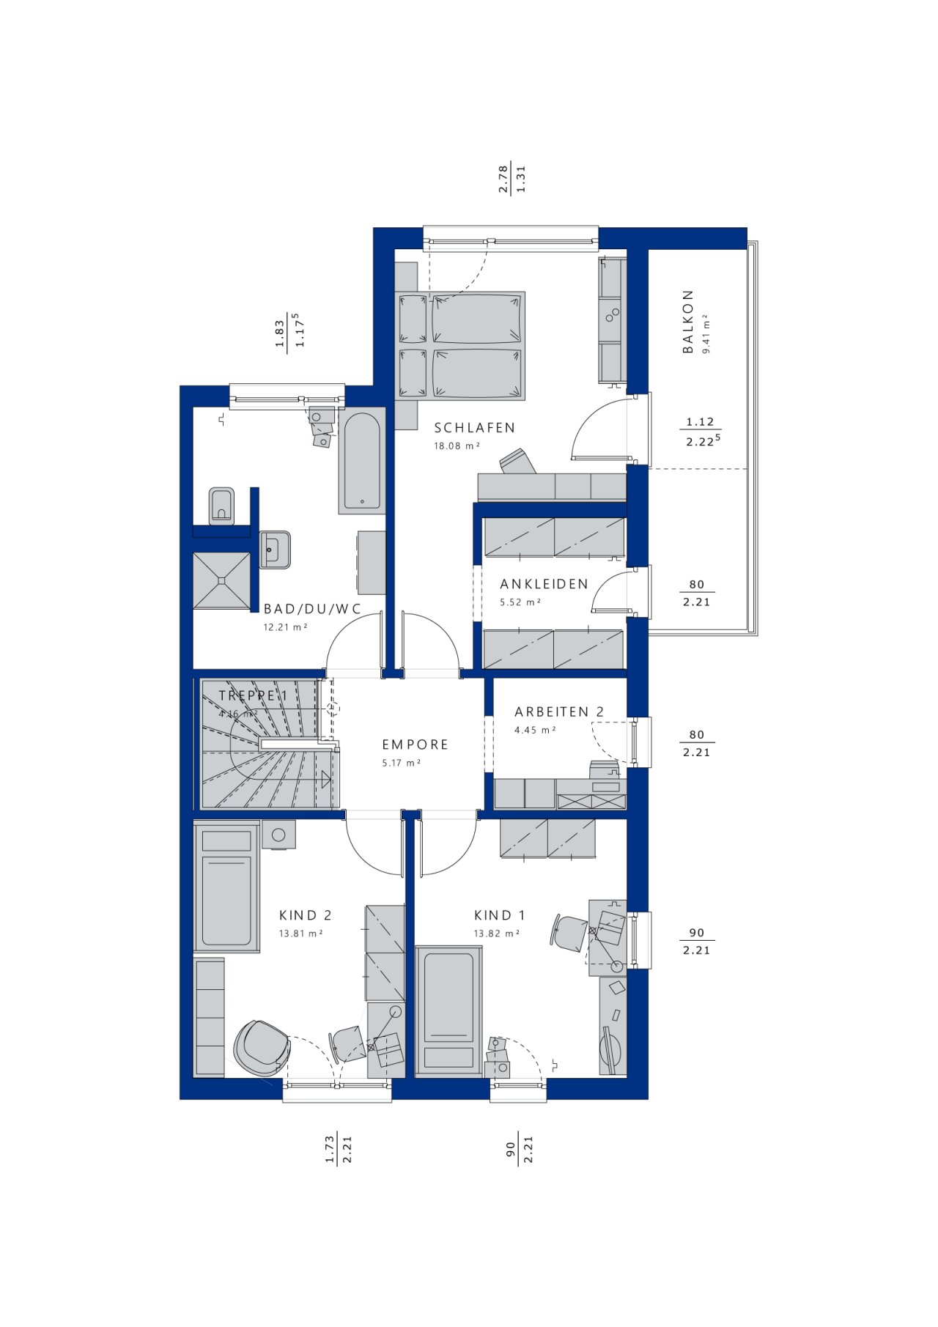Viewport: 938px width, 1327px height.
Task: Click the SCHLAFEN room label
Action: click(475, 428)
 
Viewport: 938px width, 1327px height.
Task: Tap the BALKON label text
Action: click(688, 322)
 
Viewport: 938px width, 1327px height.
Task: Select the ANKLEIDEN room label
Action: click(544, 584)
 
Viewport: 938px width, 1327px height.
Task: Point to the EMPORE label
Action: click(415, 744)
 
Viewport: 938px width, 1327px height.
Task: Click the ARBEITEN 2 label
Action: click(559, 712)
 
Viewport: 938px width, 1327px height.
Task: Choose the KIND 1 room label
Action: click(500, 915)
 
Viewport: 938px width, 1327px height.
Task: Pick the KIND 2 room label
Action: click(306, 915)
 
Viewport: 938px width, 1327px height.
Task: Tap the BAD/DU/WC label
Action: click(313, 609)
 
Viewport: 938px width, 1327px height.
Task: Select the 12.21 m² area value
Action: click(286, 627)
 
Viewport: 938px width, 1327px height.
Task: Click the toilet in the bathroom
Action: click(221, 506)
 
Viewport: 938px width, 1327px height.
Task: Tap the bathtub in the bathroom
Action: click(362, 461)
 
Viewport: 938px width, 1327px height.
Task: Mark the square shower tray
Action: click(222, 580)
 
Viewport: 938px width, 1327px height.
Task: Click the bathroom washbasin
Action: click(275, 550)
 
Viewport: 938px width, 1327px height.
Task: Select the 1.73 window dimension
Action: click(330, 1148)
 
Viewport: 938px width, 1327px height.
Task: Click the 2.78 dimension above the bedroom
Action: click(503, 179)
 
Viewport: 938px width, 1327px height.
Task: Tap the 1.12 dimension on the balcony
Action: click(700, 422)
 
